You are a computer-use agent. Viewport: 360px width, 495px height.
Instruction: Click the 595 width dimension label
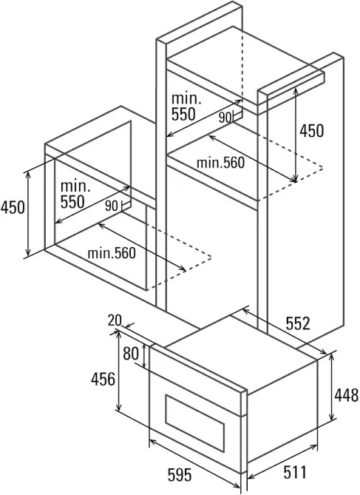click(180, 475)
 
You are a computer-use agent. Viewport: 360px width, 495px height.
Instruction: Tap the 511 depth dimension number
click(295, 472)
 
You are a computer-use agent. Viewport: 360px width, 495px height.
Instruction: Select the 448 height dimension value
click(347, 395)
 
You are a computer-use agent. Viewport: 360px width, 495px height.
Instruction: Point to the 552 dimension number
click(298, 323)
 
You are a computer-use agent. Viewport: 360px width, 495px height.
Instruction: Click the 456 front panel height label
click(103, 379)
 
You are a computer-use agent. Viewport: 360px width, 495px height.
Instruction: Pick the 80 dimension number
click(131, 354)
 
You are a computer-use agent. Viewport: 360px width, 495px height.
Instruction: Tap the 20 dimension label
click(115, 320)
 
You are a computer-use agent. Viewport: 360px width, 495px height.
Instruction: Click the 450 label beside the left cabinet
click(13, 208)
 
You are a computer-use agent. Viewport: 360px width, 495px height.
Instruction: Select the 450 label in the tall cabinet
click(311, 131)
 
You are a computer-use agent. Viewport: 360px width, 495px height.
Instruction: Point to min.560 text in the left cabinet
click(112, 253)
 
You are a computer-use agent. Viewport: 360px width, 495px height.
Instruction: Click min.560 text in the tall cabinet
click(220, 163)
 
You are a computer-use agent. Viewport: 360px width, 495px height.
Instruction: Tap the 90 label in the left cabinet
click(112, 206)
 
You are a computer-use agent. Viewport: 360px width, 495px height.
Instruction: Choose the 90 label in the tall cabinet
click(225, 118)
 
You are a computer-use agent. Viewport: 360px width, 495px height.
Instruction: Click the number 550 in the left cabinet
click(72, 202)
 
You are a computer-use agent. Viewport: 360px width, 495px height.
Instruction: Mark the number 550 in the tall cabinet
click(183, 114)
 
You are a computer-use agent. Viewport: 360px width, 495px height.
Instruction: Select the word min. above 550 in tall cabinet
click(186, 99)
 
